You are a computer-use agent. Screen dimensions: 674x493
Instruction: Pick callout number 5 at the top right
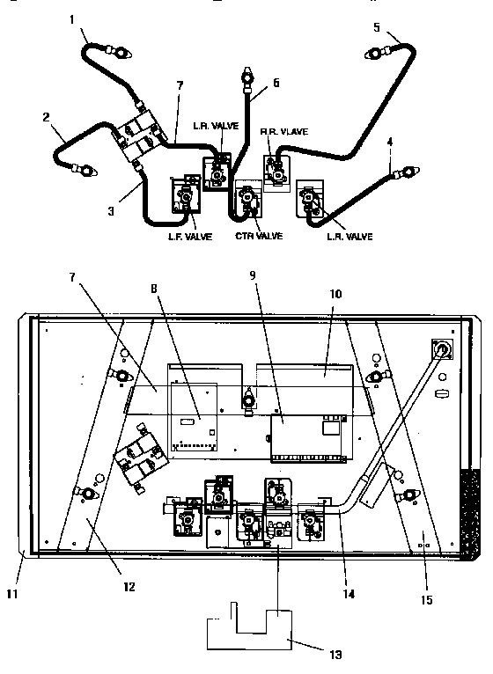[x=377, y=26]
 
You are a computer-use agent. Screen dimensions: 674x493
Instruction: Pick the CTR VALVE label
[x=258, y=236]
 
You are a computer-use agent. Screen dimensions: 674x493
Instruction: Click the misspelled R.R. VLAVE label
[x=283, y=131]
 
